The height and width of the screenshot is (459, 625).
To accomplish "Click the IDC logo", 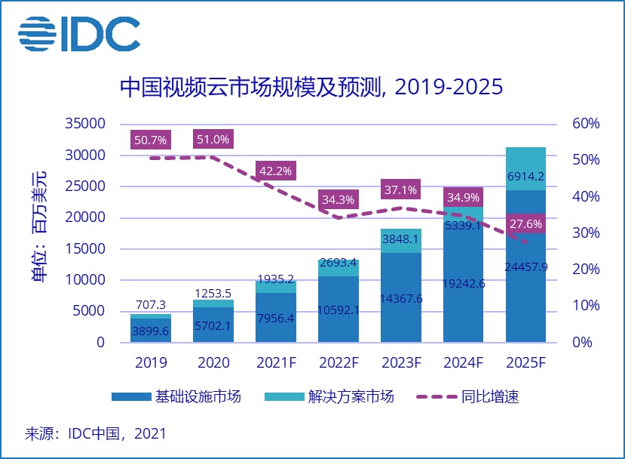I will tap(79, 33).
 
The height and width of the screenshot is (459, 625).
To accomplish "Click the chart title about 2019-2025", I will tap(311, 88).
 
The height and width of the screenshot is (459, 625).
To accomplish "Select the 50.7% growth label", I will tap(151, 140).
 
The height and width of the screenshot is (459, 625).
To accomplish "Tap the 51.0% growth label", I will tap(213, 140).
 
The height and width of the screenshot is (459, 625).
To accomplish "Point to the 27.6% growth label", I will tap(525, 225).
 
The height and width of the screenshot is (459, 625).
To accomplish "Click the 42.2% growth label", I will tap(276, 171).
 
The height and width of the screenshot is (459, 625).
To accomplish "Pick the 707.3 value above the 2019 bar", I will tap(151, 304).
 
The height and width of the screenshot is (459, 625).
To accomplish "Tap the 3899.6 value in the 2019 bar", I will tap(151, 331).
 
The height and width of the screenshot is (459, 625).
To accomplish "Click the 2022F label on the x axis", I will tap(339, 362).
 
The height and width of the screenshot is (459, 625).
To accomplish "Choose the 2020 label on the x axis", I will tap(213, 362).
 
